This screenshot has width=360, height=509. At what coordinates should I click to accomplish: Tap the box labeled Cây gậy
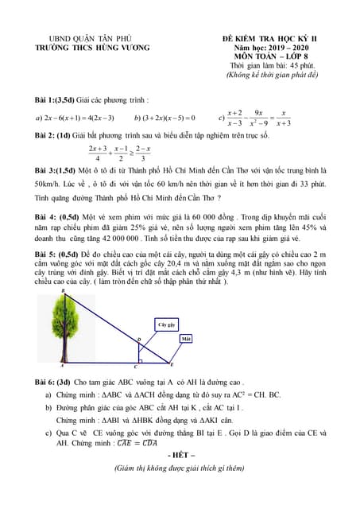[167, 325]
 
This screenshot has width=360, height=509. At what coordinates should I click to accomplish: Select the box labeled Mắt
[187, 339]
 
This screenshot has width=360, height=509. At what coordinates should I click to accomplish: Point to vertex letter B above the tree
[64, 292]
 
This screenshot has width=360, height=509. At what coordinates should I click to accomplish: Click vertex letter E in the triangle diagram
[172, 363]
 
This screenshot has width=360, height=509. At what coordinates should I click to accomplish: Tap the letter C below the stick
[134, 367]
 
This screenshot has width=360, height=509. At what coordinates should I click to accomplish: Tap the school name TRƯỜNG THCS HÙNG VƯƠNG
[87, 47]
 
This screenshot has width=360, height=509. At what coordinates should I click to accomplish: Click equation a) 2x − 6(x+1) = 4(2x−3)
[75, 118]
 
